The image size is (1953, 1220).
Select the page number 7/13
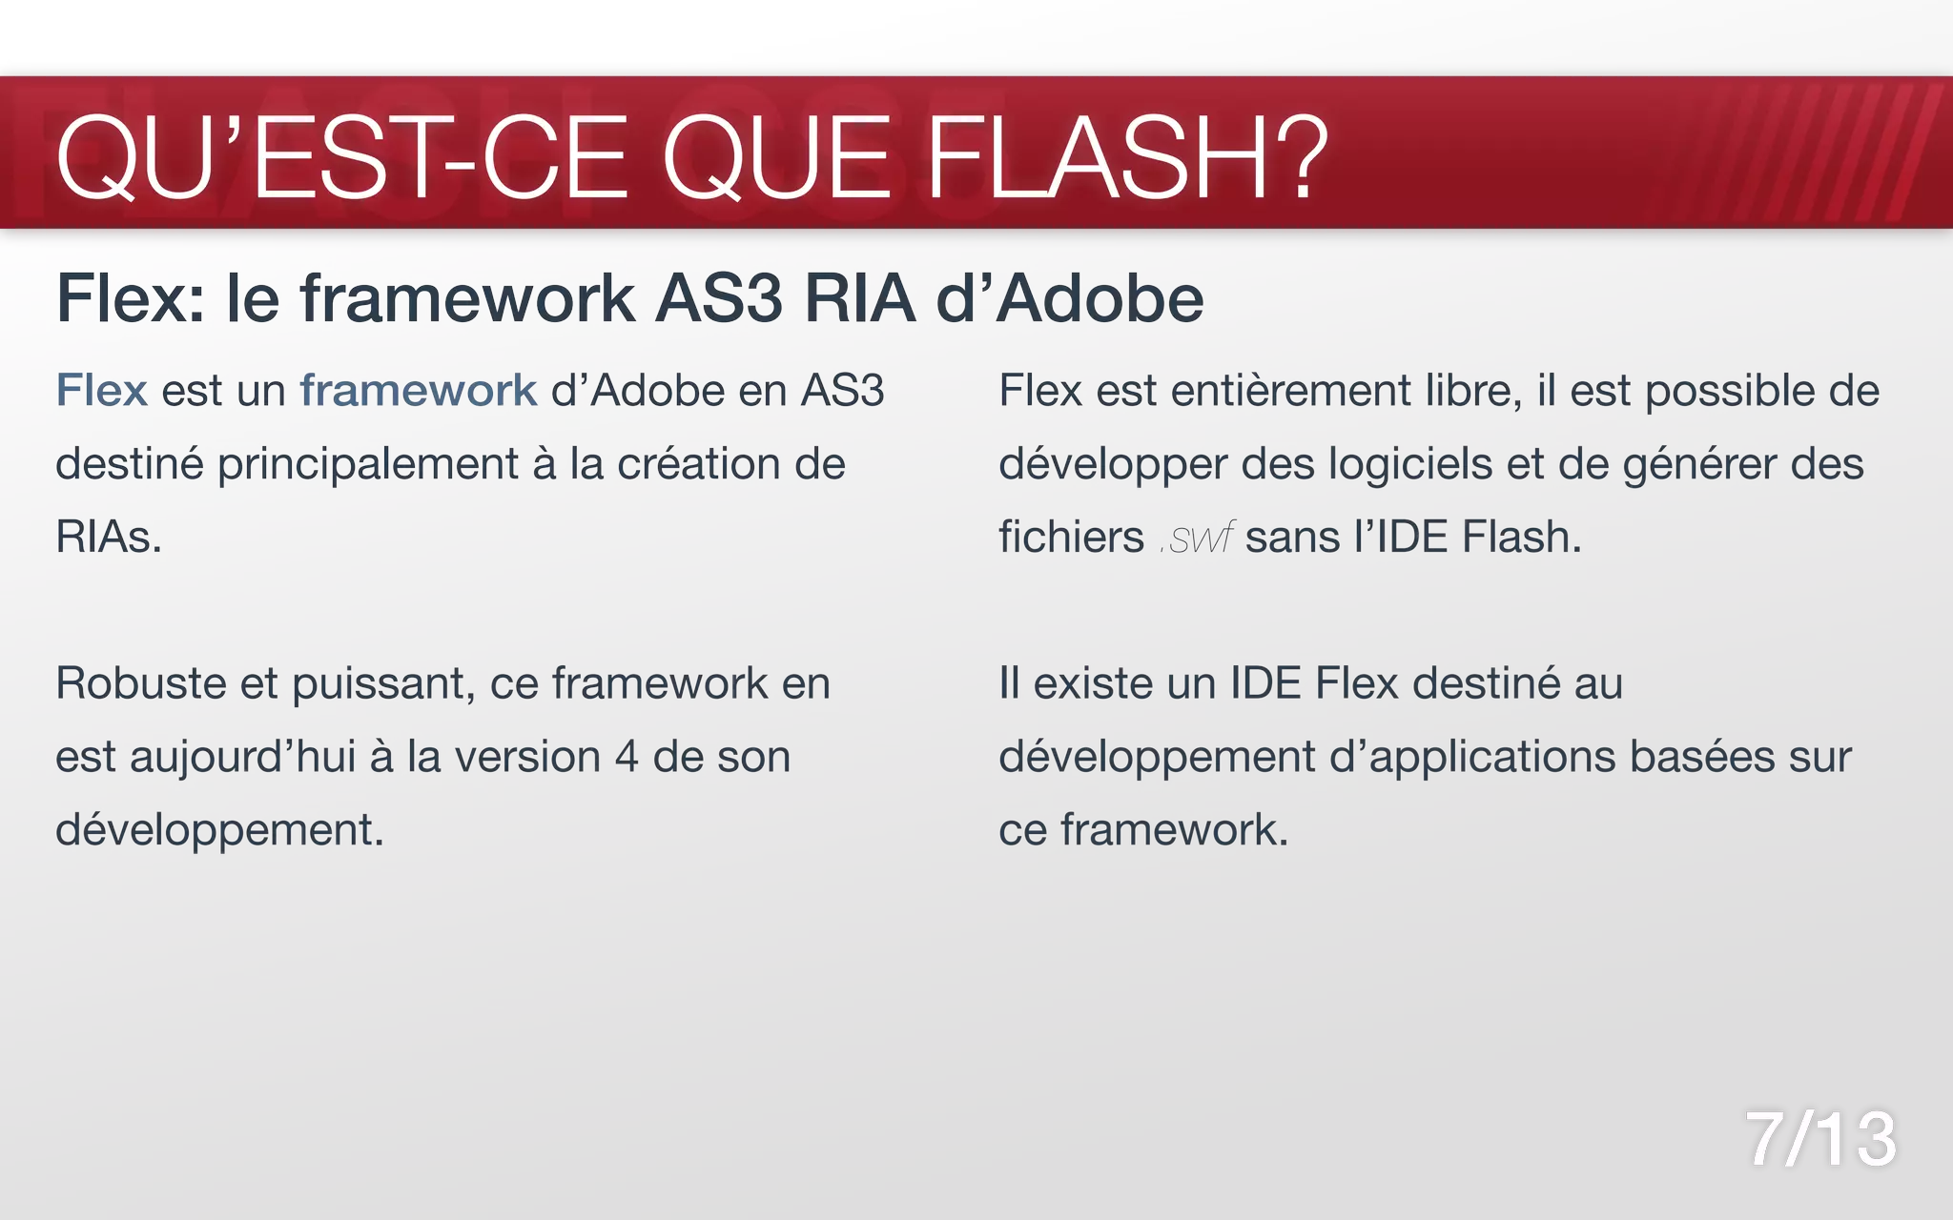(1820, 1139)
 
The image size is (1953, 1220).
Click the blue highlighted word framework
(419, 391)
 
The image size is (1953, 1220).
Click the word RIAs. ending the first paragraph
(109, 538)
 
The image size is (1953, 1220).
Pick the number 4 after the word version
(627, 757)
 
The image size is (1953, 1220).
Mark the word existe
(1100, 683)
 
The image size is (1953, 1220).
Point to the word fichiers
(1071, 538)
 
